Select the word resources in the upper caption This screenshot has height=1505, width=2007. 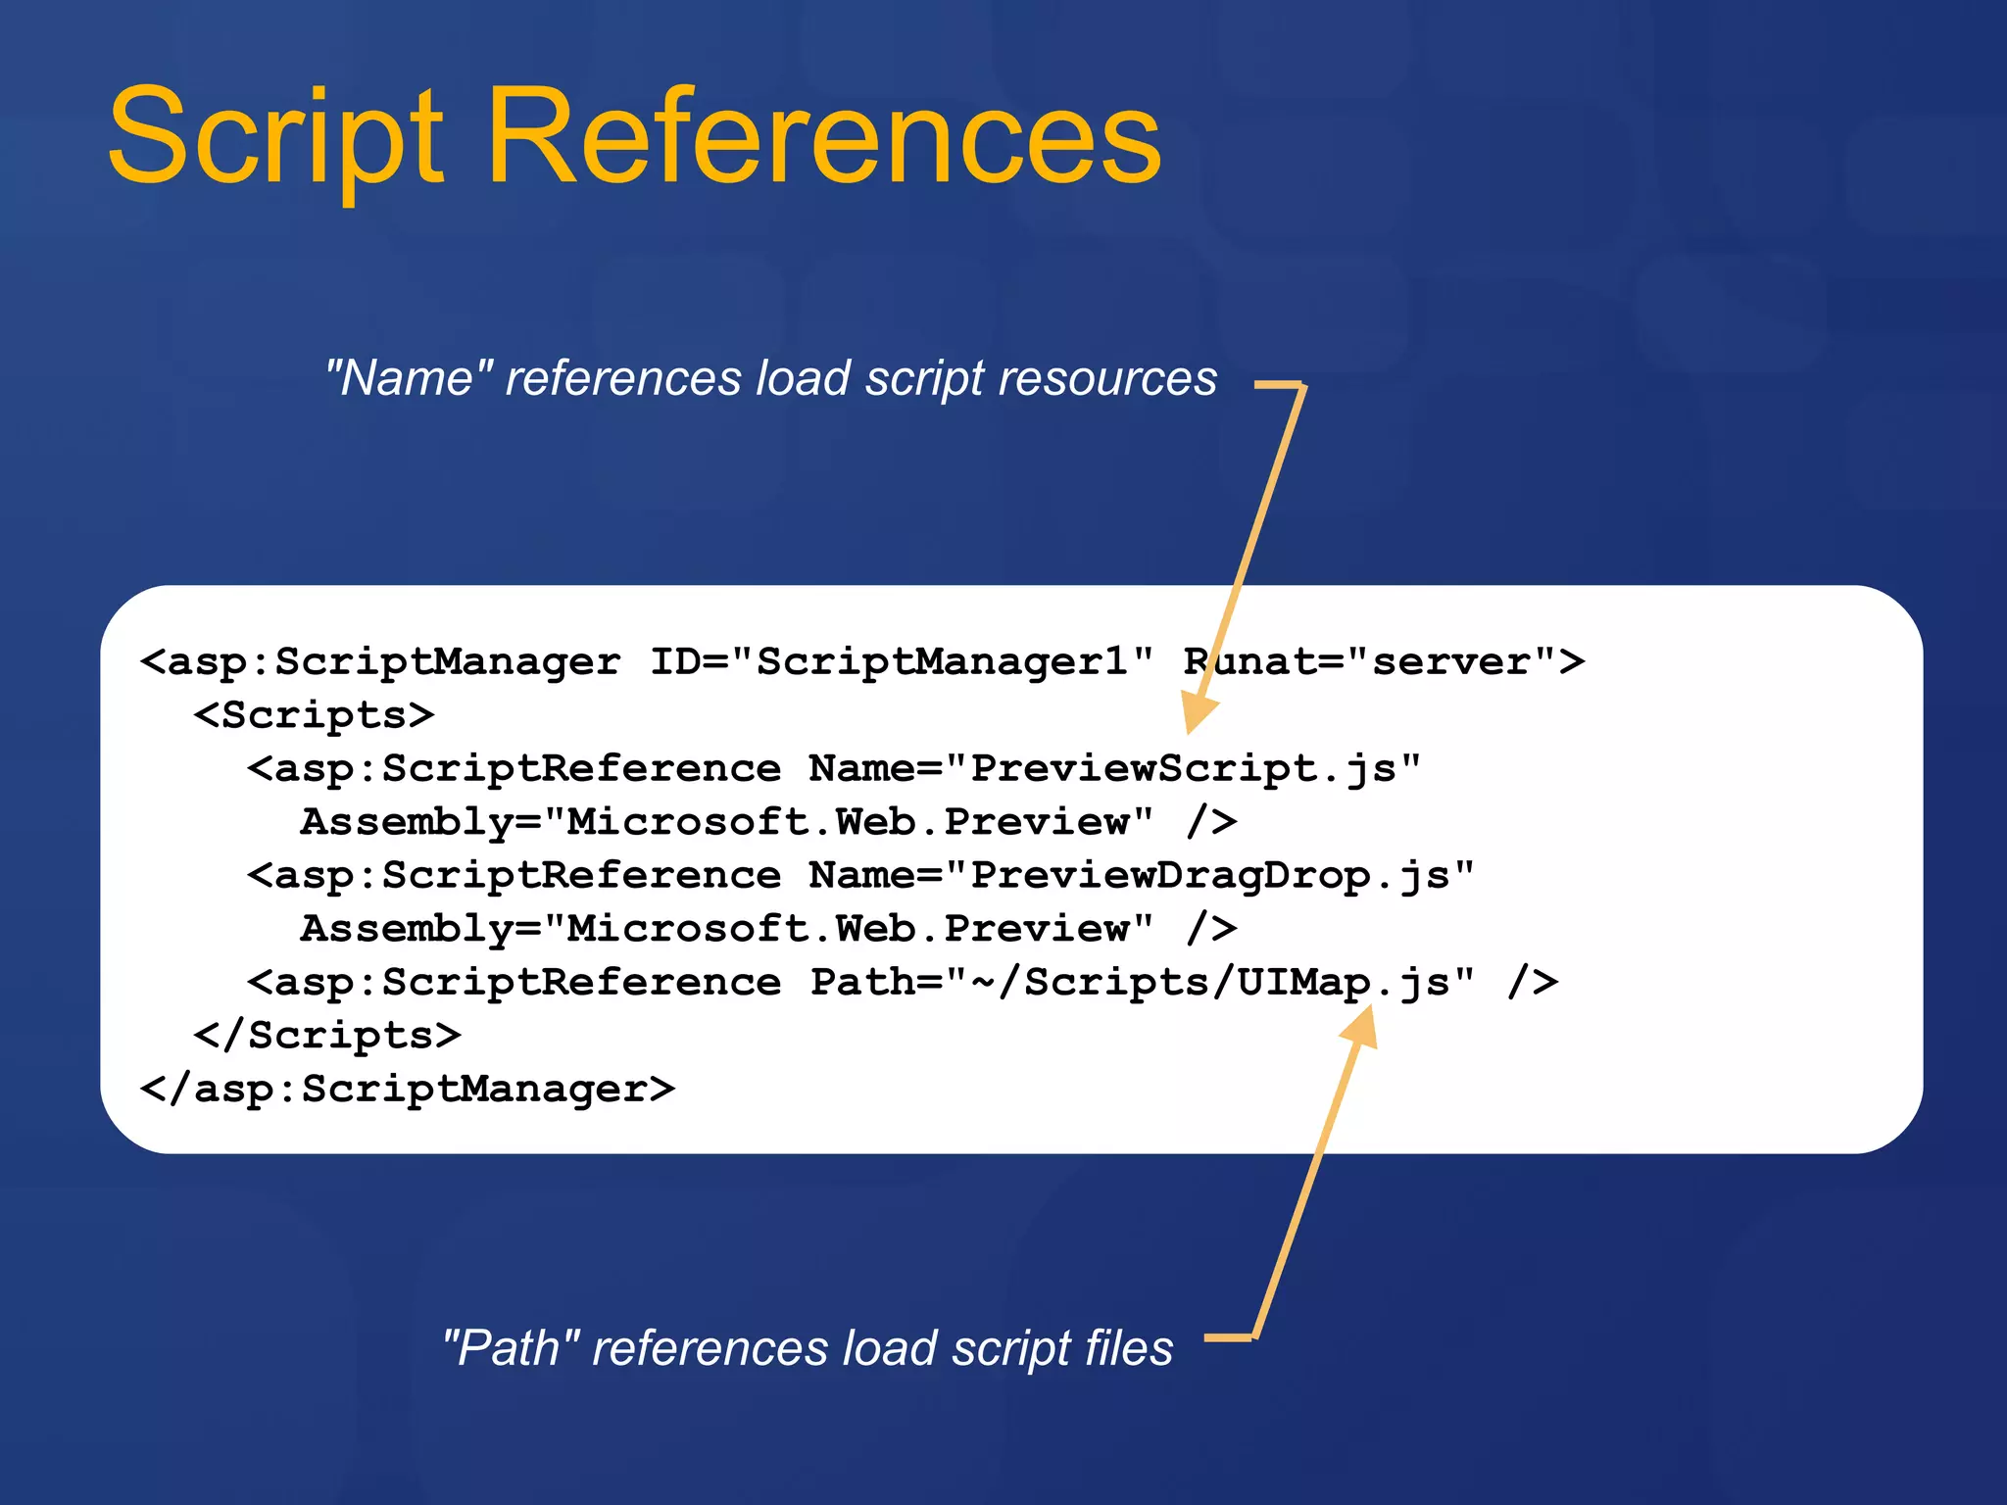click(x=1106, y=378)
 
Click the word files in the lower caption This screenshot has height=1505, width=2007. click(x=1128, y=1347)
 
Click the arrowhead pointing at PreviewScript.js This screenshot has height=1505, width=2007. click(x=1199, y=710)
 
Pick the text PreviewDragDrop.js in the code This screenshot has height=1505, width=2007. click(x=1209, y=875)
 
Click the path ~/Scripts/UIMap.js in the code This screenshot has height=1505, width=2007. click(x=1209, y=982)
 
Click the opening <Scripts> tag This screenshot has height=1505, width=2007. click(x=314, y=715)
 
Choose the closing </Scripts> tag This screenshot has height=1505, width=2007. click(x=327, y=1036)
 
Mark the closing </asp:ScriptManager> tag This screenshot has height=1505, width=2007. click(x=408, y=1089)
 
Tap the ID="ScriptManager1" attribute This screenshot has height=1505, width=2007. click(x=902, y=661)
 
